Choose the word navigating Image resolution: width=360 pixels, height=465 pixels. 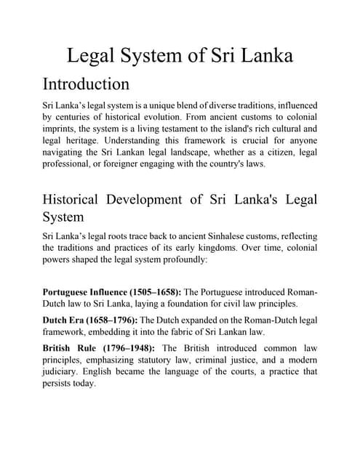[x=65, y=152]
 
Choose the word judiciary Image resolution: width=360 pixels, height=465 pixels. [x=66, y=371]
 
